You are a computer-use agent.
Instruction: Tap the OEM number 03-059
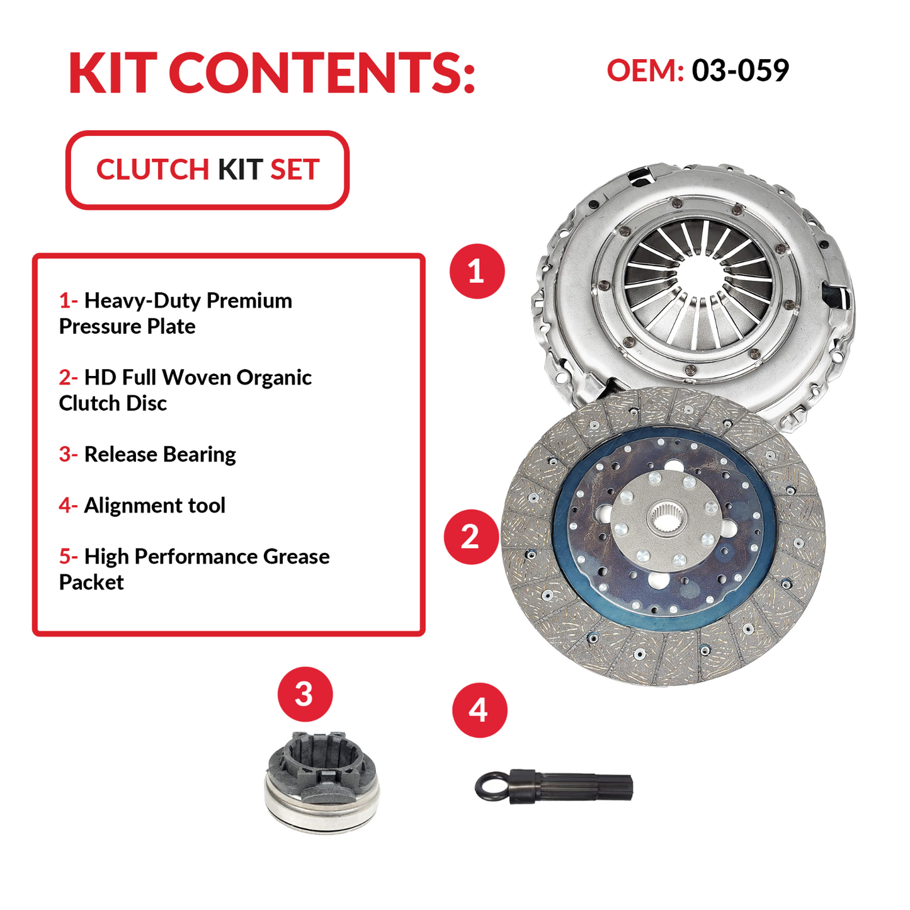pos(740,70)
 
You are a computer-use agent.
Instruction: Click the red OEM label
pos(644,70)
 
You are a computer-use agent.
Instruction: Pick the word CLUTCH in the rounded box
pos(152,170)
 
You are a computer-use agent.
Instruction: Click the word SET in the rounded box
pos(295,170)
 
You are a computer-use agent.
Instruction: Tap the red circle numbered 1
pos(477,271)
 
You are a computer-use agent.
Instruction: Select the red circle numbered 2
pos(471,537)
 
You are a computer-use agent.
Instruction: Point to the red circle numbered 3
pos(305,694)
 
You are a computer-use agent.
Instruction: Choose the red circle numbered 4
pos(479,710)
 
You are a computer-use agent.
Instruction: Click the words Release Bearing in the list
pos(160,454)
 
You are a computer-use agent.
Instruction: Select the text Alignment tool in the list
pos(154,505)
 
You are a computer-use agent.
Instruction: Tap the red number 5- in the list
pos(68,557)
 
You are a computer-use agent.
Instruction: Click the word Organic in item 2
pos(274,377)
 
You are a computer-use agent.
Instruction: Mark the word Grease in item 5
pos(296,557)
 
